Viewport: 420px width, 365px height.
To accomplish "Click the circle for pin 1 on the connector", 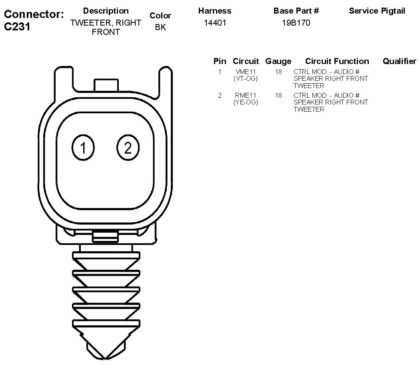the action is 83,148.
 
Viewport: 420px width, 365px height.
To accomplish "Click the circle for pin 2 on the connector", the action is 128,148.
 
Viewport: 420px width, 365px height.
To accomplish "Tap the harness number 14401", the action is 215,23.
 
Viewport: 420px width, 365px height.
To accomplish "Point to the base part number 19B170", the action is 296,23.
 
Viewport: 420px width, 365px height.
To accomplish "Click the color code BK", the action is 160,28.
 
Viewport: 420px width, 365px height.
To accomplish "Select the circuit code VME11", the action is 246,72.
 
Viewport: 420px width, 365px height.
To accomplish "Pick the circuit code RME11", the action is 246,95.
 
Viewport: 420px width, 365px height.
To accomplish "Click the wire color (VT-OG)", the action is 246,79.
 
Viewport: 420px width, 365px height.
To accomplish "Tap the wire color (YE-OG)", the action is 246,102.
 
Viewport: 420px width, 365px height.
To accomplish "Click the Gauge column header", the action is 278,61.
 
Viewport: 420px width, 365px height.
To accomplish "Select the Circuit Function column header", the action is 337,61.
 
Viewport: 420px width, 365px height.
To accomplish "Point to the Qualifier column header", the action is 399,61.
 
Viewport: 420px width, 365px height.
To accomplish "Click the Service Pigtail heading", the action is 377,11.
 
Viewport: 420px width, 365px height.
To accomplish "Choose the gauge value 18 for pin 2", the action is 278,95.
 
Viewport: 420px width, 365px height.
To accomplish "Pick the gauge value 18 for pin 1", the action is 278,72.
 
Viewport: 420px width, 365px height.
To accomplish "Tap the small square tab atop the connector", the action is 106,85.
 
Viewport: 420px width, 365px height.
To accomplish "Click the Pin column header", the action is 220,61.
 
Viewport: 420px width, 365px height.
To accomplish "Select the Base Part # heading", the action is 296,11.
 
